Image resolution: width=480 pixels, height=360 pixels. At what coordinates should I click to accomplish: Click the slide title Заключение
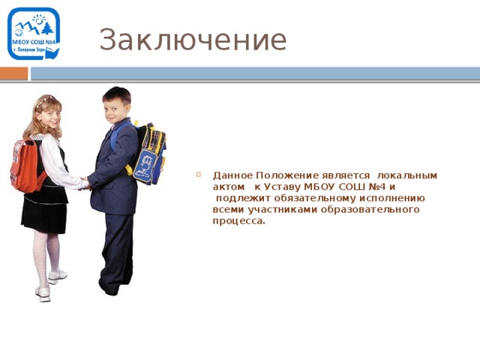[x=193, y=40]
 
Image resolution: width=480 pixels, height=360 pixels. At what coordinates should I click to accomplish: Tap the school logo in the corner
[x=34, y=34]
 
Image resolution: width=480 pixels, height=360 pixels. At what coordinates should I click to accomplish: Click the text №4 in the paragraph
[x=376, y=186]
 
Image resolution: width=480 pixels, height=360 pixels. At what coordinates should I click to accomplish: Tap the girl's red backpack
[x=26, y=166]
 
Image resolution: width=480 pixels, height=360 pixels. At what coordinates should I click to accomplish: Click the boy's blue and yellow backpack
[x=151, y=154]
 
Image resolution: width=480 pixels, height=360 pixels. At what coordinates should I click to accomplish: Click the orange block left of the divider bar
[x=13, y=73]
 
